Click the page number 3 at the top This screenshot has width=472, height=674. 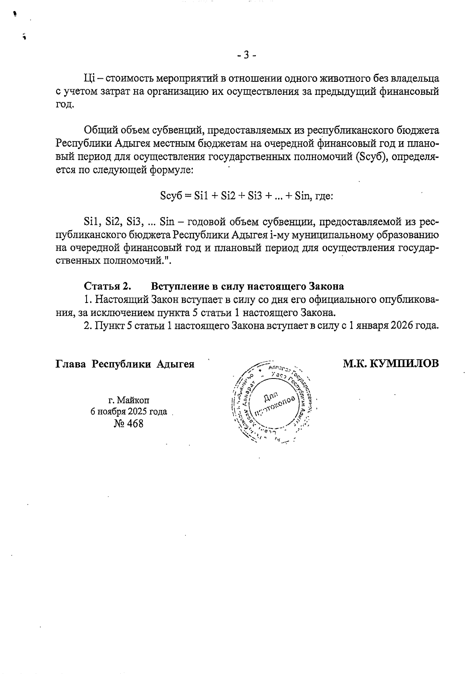247,55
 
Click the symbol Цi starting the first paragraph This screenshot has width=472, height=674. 88,78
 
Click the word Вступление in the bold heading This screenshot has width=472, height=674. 178,286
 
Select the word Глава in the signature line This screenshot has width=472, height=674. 70,364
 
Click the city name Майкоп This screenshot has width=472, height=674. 134,401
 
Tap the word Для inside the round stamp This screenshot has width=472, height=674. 271,398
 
